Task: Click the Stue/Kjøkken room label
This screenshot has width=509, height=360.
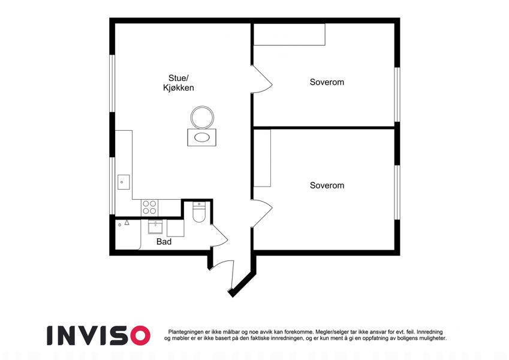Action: click(179, 83)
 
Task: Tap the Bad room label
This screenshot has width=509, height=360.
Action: click(164, 242)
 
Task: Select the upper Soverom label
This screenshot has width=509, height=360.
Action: click(327, 82)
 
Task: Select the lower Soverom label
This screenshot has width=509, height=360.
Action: click(327, 185)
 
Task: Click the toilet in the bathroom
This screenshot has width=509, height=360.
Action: click(198, 212)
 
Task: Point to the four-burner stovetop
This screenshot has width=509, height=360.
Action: click(149, 208)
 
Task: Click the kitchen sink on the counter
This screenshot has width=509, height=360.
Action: click(124, 182)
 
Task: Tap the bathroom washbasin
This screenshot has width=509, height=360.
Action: click(155, 226)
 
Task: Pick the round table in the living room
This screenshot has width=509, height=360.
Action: click(202, 117)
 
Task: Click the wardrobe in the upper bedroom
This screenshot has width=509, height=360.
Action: click(289, 34)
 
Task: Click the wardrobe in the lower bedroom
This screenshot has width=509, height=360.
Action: click(262, 158)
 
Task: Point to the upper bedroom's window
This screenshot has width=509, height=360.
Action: click(397, 95)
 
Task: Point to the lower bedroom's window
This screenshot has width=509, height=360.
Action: click(397, 193)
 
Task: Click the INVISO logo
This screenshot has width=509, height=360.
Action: click(99, 335)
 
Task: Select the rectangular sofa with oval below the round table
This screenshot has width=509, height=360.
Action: click(202, 137)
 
